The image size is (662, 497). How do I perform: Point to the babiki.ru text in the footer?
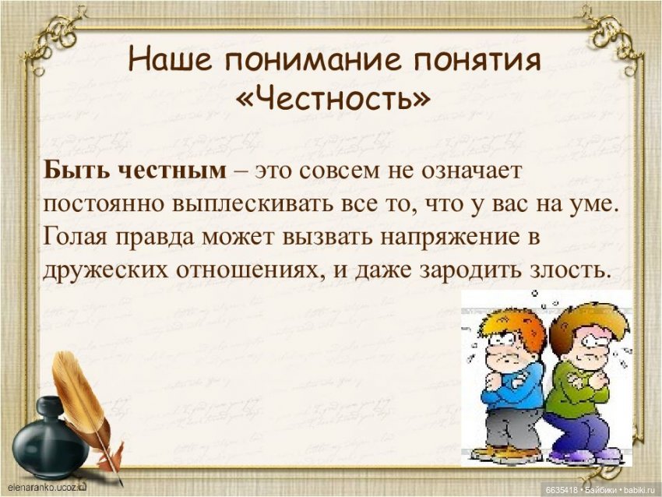point(638,489)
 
